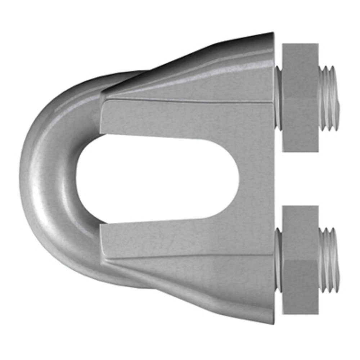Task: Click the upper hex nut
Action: (x=300, y=97)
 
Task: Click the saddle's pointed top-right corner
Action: (x=272, y=34)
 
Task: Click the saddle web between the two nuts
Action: (x=259, y=178)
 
